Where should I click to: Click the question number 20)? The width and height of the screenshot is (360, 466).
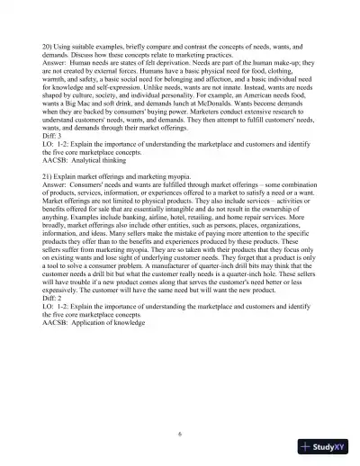tap(49, 44)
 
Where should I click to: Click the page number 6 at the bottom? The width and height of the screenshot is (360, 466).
tap(180, 433)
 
